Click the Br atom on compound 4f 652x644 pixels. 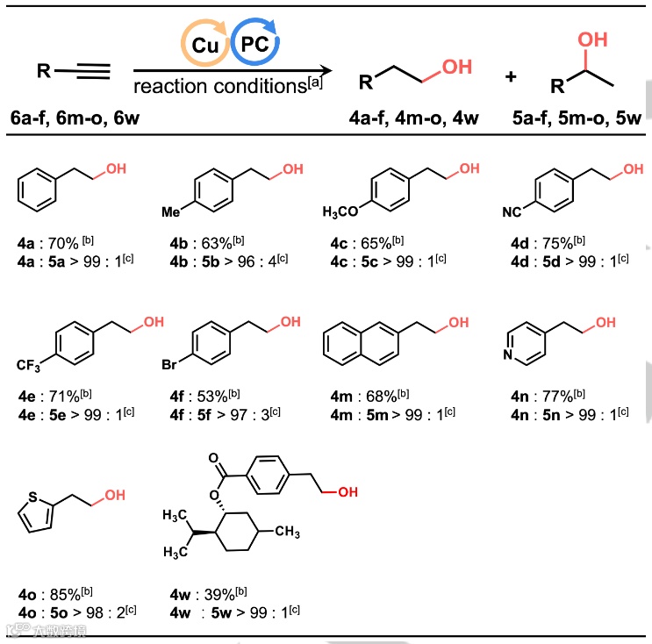[174, 362]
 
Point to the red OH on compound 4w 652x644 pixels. [347, 492]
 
